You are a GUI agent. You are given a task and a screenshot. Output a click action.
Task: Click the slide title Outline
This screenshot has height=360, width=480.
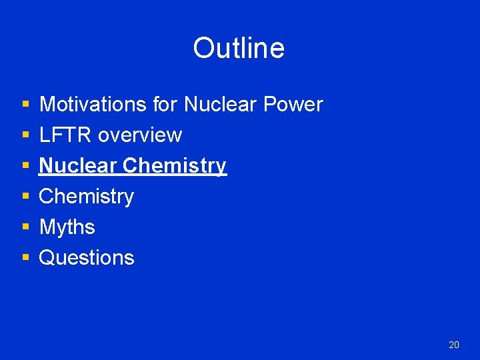[x=239, y=48]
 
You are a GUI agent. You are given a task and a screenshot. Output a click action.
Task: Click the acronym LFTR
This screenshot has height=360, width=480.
[x=65, y=135]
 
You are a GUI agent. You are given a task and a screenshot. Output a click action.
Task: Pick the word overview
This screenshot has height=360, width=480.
[x=140, y=135]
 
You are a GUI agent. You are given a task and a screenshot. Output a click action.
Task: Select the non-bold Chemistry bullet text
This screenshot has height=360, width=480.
[x=87, y=197]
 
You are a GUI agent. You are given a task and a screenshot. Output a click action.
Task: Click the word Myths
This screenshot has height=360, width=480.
[x=67, y=227]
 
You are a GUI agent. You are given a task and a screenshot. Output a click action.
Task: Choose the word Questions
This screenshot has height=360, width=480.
[x=87, y=258]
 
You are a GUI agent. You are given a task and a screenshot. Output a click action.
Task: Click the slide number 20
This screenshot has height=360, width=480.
[x=454, y=345]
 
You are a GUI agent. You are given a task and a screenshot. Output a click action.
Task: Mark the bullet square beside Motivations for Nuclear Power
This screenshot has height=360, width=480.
[x=25, y=105]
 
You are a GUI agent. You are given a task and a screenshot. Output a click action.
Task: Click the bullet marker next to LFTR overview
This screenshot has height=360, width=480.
[x=25, y=136]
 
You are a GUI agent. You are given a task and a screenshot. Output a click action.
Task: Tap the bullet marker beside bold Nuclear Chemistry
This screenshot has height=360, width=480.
[x=25, y=167]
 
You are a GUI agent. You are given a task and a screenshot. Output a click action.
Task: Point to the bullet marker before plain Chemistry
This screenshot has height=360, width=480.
[x=25, y=197]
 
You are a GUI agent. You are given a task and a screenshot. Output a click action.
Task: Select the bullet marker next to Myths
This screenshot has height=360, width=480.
[x=25, y=228]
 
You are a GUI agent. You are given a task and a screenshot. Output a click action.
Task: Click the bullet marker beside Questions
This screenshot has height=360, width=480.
[x=25, y=259]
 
